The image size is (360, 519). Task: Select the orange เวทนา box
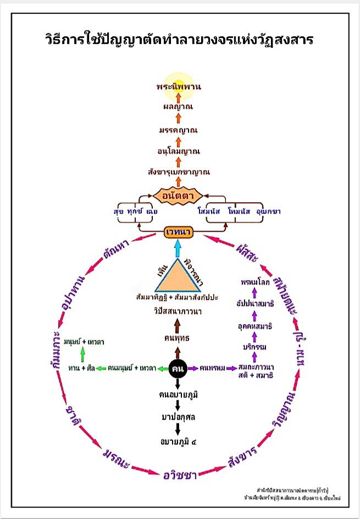tap(178, 233)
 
